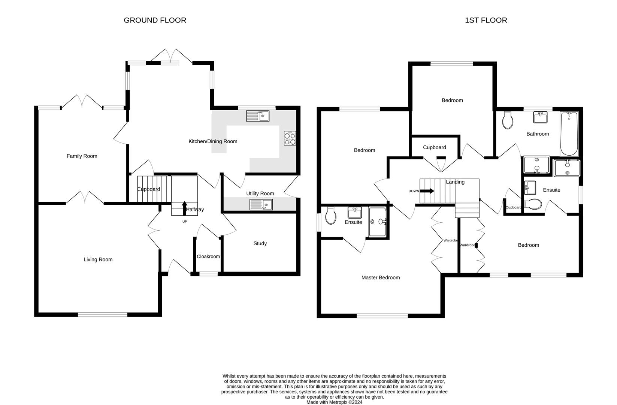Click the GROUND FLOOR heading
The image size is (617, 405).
tap(155, 20)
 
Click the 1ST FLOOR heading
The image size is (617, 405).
tap(486, 20)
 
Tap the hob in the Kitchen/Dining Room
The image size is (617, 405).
tap(290, 138)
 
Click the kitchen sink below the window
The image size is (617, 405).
tap(257, 116)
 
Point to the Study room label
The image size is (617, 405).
tap(260, 243)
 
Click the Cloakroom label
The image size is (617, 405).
tap(208, 256)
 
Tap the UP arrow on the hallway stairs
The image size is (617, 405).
tap(184, 208)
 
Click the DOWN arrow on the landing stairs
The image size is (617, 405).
tap(427, 191)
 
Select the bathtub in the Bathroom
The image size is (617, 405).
tap(569, 133)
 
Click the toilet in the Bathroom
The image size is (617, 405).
tap(508, 120)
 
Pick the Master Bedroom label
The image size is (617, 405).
tap(380, 277)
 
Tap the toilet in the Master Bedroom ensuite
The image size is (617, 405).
tap(331, 216)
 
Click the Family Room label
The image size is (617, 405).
tap(82, 156)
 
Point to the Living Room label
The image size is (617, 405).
tap(98, 259)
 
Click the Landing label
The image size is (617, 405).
tap(455, 182)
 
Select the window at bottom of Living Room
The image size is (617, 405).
tap(103, 314)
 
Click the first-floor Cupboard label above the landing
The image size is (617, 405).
tap(434, 147)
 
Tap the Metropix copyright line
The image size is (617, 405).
tap(334, 402)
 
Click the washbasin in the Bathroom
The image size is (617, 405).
tap(540, 117)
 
